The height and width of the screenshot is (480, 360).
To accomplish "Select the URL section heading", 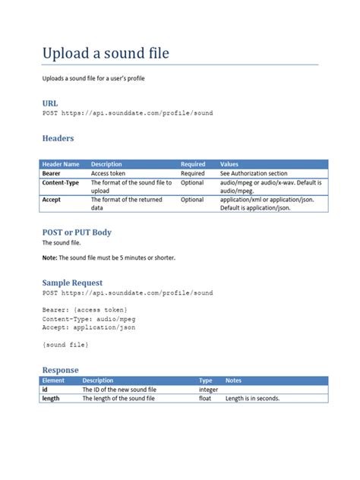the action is [49, 102].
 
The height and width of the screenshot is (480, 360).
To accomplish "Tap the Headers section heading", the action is [58, 138].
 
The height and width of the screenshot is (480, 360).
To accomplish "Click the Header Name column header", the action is [61, 164].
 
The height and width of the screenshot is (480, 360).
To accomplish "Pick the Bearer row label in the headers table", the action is [52, 173].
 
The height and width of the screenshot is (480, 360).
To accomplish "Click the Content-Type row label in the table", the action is [61, 183].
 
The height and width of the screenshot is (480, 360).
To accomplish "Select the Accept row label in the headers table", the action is [52, 200].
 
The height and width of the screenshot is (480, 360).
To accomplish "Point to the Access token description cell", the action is [109, 173].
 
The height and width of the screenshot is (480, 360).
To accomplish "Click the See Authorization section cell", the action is [254, 173].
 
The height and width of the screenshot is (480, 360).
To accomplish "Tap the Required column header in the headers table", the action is [193, 164].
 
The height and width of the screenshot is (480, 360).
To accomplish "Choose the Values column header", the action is [229, 164].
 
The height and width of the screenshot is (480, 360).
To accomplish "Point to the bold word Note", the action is [49, 257].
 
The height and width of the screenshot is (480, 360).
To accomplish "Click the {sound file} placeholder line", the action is [65, 345].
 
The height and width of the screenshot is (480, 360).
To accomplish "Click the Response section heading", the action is [60, 370].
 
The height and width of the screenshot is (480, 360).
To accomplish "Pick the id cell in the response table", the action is [45, 390].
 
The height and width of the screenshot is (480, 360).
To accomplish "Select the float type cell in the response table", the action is [206, 398].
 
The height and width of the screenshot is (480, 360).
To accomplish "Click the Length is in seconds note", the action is [252, 398].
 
